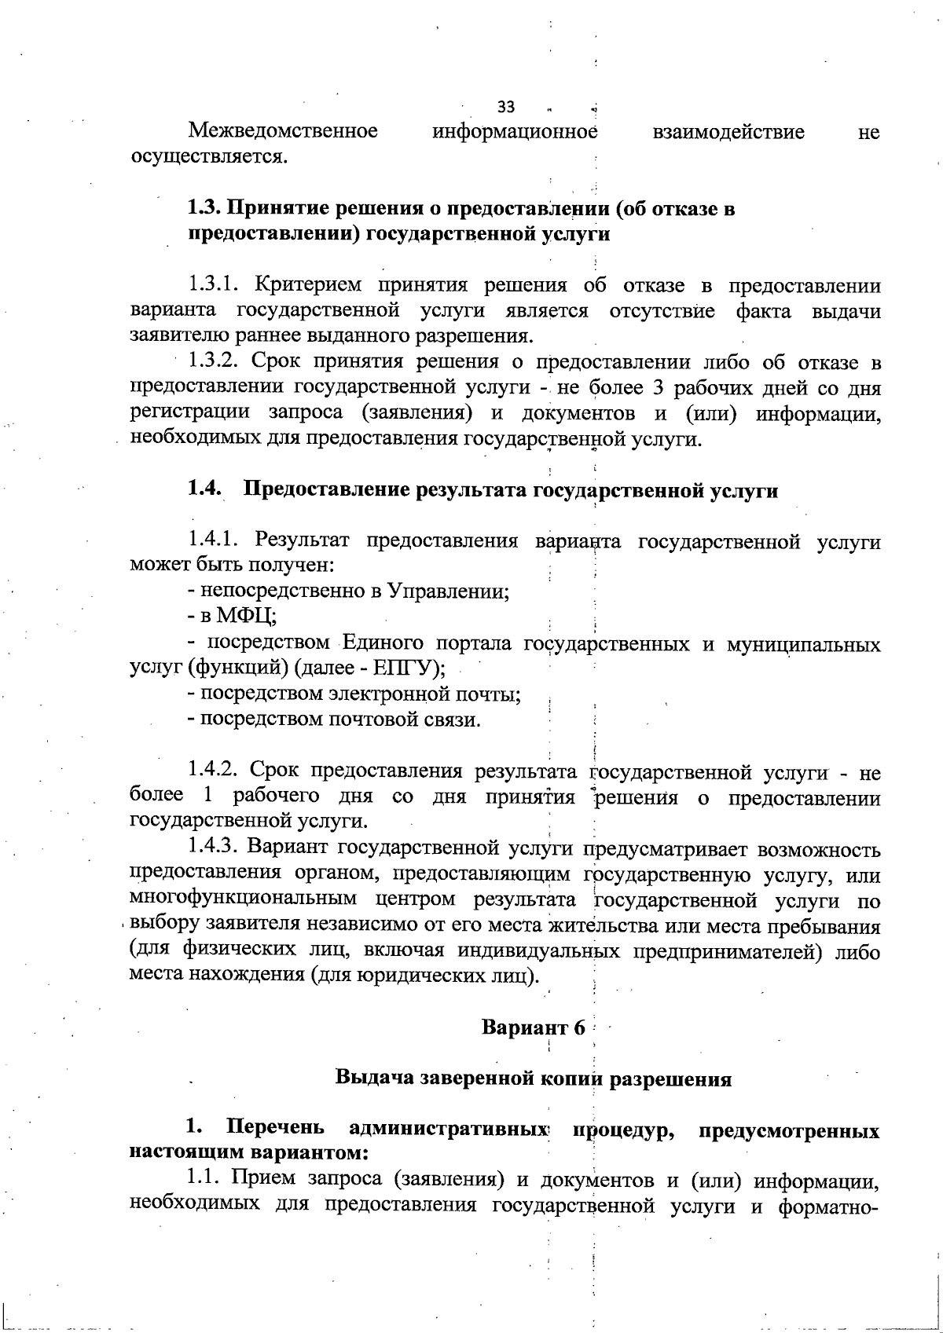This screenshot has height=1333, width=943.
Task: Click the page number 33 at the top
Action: (505, 107)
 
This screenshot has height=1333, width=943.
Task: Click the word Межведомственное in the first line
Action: (283, 131)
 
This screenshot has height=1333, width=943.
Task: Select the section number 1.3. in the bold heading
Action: (205, 209)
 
